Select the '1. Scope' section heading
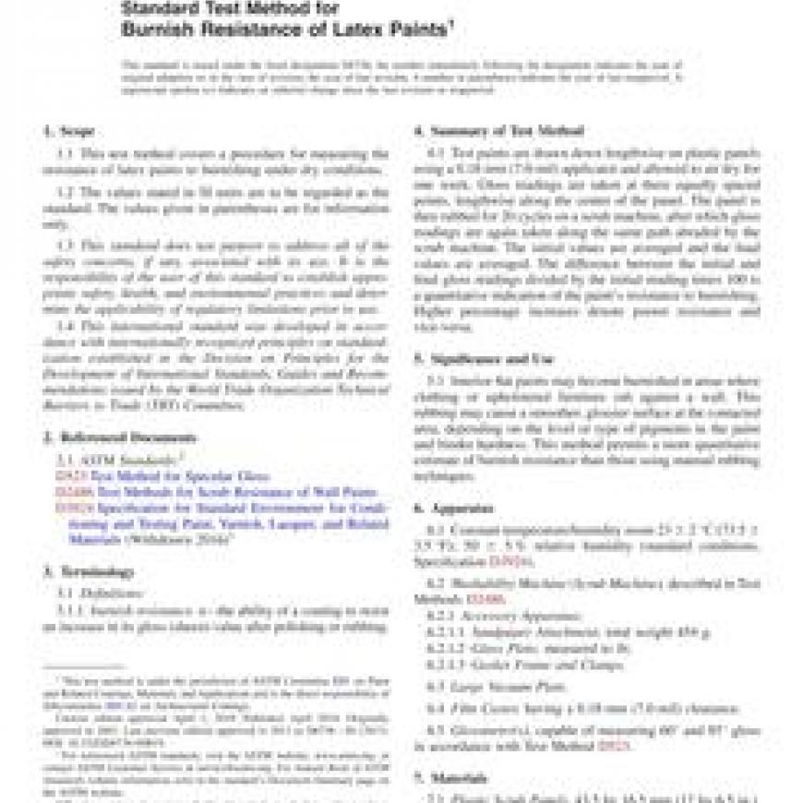click(x=69, y=131)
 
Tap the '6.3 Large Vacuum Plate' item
click(x=489, y=686)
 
